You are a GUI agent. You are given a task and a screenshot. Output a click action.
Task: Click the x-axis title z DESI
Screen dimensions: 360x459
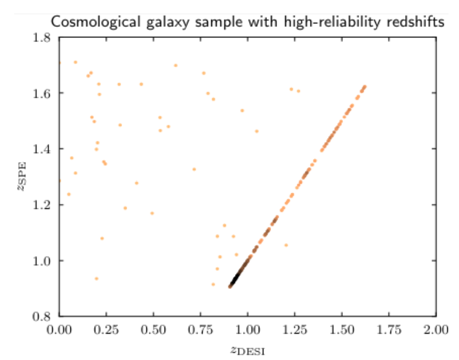tap(247, 351)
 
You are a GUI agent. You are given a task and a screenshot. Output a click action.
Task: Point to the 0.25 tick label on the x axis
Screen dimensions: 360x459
tap(106, 329)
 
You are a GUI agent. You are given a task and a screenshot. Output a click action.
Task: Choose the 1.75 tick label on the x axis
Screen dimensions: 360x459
tap(389, 329)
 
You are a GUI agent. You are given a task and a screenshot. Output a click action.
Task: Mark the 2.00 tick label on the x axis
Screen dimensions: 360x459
tap(436, 329)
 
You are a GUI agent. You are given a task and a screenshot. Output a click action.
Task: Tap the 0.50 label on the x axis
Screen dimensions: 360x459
tap(153, 329)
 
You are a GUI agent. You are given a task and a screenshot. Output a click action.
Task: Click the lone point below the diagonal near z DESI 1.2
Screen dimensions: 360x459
tap(286, 245)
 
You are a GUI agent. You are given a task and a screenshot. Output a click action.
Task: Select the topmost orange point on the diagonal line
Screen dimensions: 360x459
tap(365, 86)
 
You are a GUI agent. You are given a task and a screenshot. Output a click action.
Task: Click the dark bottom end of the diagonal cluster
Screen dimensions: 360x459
tap(231, 286)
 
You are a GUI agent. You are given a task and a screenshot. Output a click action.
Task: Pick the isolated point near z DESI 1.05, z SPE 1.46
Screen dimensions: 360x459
tap(256, 132)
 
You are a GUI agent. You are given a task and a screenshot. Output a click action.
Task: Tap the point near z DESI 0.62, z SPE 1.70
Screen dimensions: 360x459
tap(176, 65)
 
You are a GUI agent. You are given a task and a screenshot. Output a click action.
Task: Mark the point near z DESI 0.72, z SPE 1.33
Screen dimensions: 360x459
tap(194, 169)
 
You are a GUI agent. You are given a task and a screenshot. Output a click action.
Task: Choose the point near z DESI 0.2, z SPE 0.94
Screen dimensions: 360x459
tap(96, 279)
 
